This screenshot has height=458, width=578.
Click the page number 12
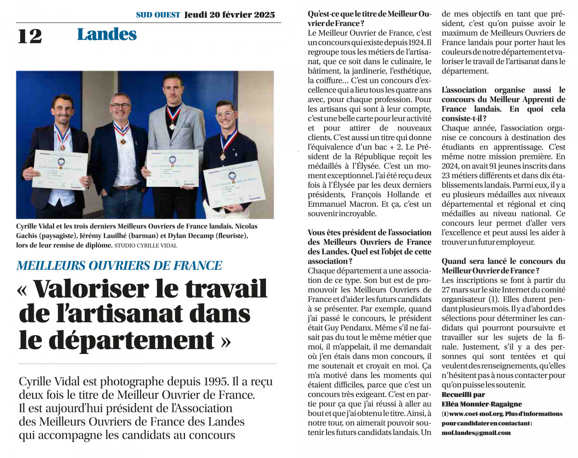click(30, 36)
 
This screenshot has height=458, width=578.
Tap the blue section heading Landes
click(106, 35)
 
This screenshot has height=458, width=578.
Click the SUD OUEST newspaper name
click(158, 15)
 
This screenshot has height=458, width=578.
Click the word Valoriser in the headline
click(91, 289)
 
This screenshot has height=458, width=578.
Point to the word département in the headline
click(116, 340)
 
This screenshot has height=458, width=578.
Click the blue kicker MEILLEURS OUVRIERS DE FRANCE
click(119, 265)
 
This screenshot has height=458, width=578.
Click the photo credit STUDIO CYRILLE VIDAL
click(146, 246)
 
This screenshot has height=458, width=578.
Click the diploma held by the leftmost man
click(60, 169)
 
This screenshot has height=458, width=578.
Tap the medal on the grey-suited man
click(172, 126)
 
